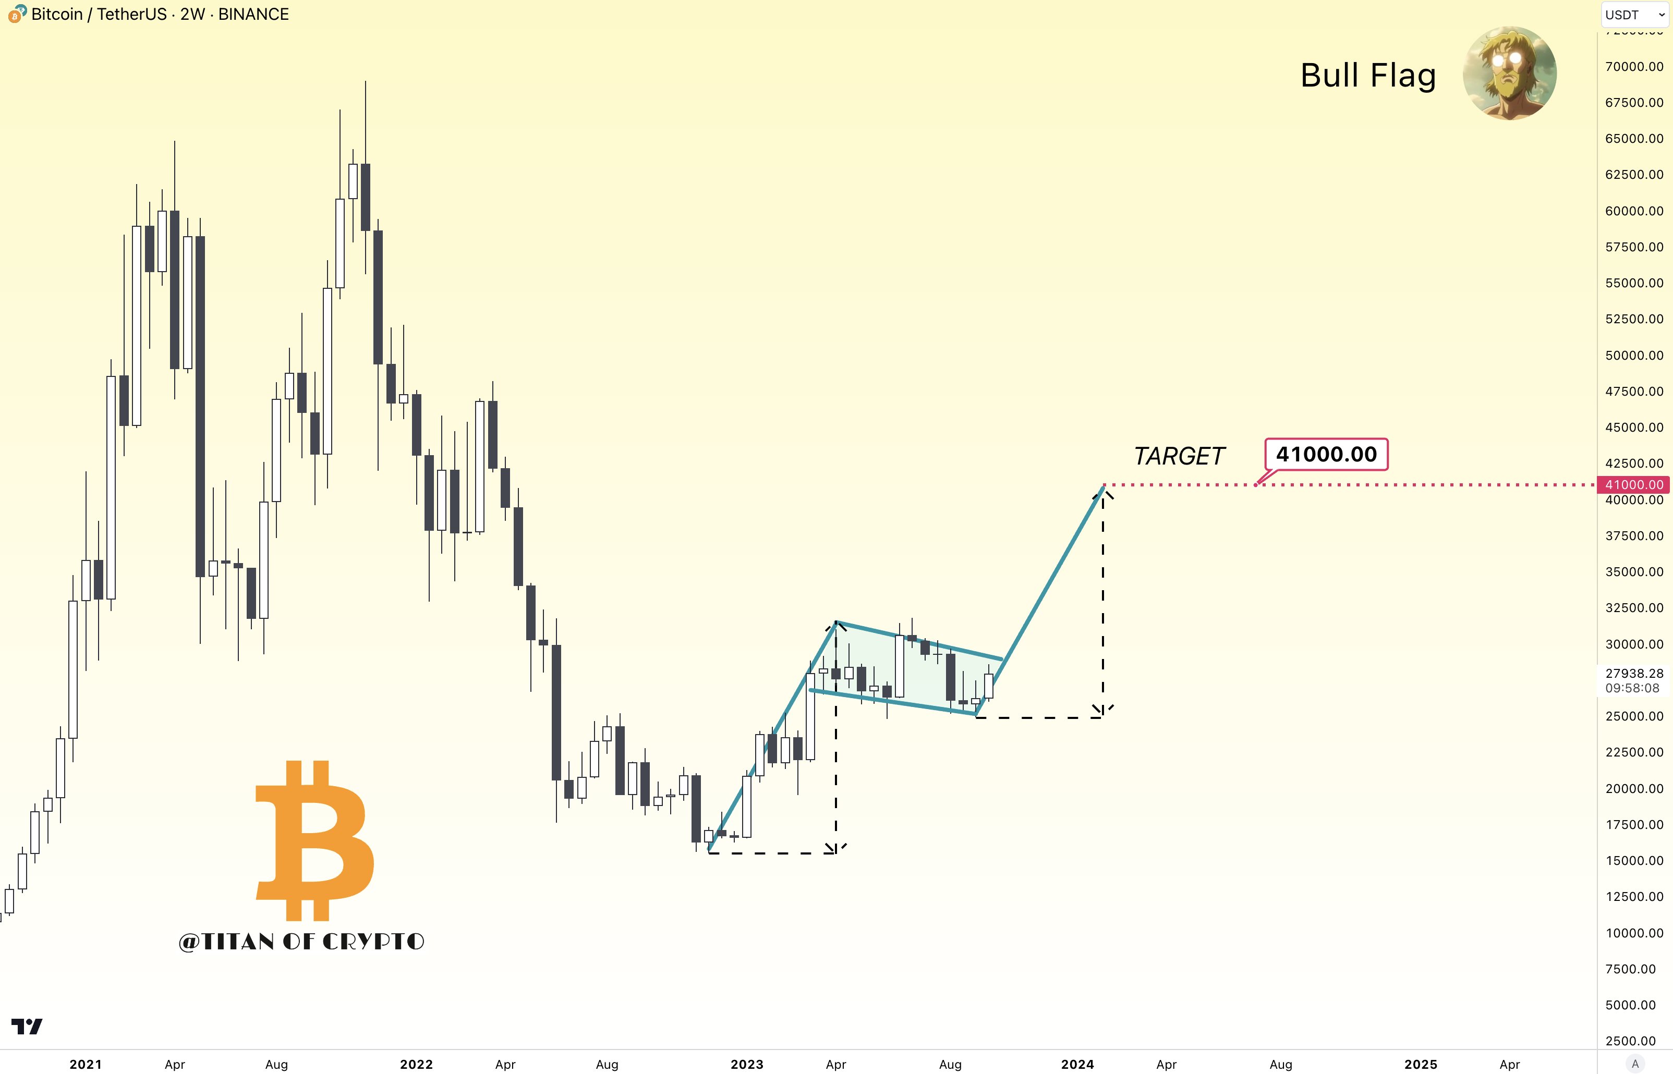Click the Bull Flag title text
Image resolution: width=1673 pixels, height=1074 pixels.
tap(1367, 75)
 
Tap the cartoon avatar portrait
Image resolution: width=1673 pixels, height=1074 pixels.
tap(1510, 73)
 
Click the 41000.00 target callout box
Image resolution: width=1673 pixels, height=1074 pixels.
tap(1326, 455)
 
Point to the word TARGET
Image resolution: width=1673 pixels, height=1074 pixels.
tap(1179, 456)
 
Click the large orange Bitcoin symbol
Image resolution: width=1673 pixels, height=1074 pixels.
tap(314, 840)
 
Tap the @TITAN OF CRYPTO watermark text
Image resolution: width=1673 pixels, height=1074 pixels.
tap(301, 942)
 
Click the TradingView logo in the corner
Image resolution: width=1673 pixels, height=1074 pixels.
tap(27, 1027)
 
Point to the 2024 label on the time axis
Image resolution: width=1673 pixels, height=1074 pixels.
tap(1077, 1064)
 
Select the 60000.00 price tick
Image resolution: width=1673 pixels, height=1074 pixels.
tap(1634, 211)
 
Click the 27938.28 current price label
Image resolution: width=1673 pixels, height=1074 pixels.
tap(1634, 674)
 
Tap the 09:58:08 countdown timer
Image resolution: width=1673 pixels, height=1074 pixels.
tap(1632, 688)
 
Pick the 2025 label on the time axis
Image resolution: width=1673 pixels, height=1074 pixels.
tap(1421, 1064)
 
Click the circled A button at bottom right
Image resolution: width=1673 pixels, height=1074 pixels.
tap(1634, 1064)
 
